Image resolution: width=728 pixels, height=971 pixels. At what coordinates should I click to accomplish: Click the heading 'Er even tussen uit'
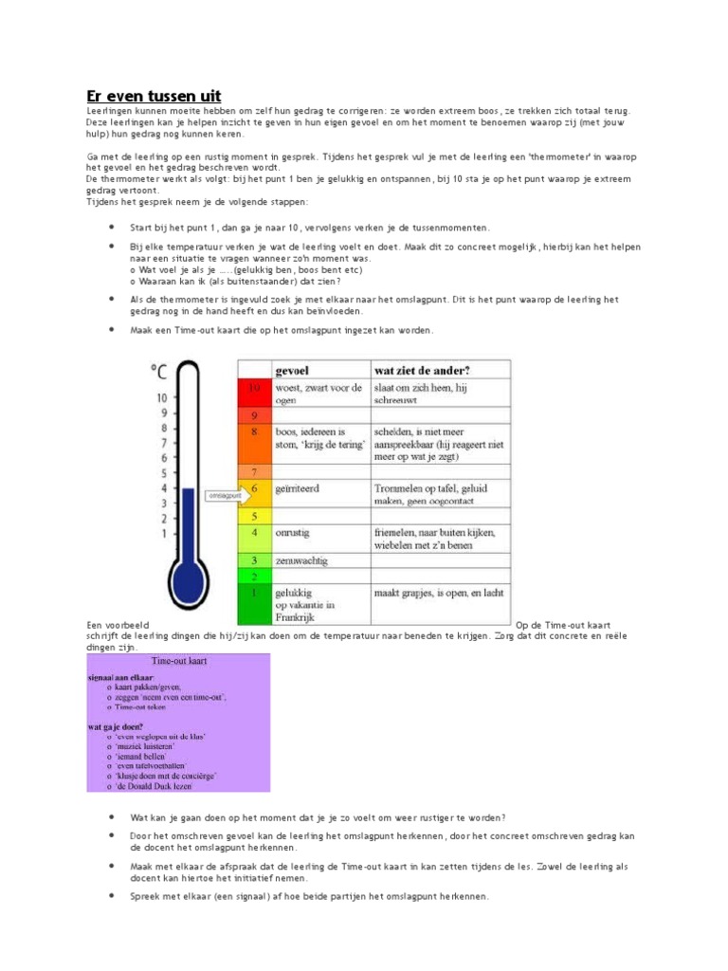click(x=154, y=96)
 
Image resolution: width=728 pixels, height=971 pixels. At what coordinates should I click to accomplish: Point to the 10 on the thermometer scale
click(x=161, y=397)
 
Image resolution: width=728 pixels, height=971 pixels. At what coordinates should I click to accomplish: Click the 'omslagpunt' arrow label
click(x=224, y=495)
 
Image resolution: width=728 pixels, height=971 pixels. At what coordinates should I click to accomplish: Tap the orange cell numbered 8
click(x=254, y=431)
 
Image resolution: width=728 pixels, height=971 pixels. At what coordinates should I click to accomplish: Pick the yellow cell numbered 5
click(x=254, y=516)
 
